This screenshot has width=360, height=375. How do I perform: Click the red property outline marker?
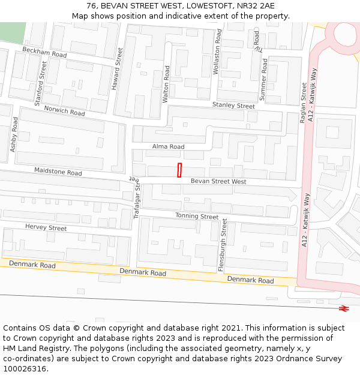pos(179,170)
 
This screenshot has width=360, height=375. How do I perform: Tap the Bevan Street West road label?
pos(218,181)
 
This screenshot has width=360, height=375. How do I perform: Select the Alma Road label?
pos(168,146)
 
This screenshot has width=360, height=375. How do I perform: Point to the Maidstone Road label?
pos(58,172)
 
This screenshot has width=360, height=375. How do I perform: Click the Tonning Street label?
pos(197,216)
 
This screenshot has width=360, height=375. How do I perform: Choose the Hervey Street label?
pos(46,227)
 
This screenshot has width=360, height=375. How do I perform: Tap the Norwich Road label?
pos(64,111)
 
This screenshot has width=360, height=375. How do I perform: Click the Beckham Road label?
pos(44,53)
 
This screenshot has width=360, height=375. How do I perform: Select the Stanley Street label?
pos(233,106)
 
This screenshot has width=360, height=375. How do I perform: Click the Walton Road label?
pos(166,84)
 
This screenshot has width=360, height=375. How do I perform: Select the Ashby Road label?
pos(14,134)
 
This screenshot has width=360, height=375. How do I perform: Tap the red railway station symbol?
pos(344,308)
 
